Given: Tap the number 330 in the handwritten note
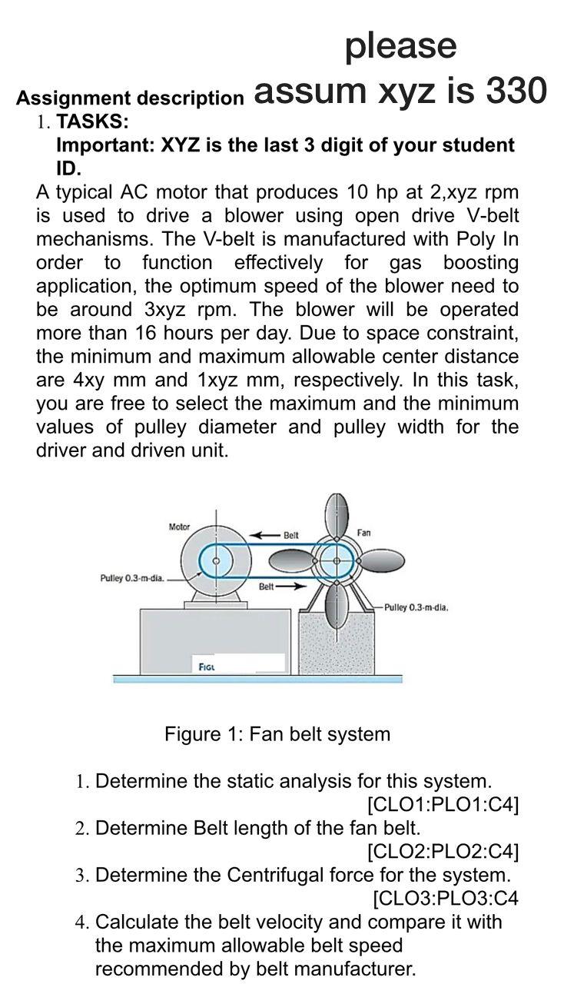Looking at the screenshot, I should point(516,91).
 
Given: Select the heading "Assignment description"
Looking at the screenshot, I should point(130,98).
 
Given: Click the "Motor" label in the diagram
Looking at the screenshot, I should point(179,527).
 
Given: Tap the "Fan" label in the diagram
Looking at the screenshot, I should point(363,532).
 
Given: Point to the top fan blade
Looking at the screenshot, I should point(334,515).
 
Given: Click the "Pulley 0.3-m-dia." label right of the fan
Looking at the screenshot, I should point(416,607).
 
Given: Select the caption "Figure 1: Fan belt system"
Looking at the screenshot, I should point(277,734).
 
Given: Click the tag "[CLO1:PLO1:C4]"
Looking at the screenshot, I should point(443,805).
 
